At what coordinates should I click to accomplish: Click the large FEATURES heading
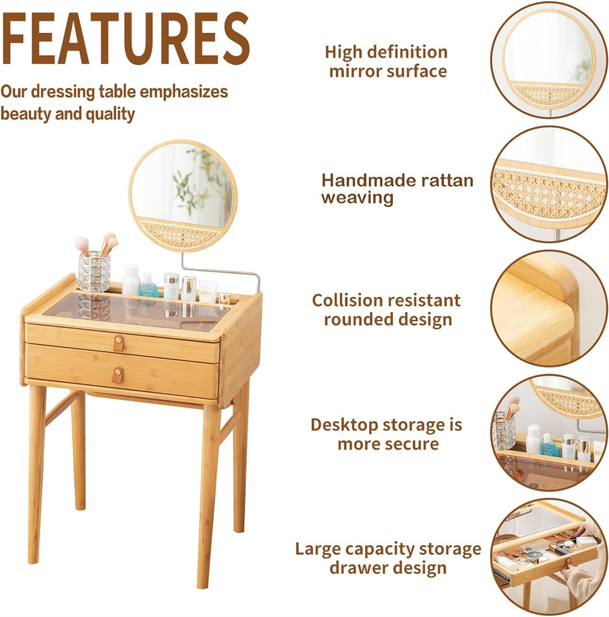[125, 38]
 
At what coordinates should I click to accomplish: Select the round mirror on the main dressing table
[183, 195]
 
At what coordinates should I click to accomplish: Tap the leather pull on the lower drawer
[118, 375]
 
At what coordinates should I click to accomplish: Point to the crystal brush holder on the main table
[94, 271]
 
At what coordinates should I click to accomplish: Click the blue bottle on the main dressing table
[148, 285]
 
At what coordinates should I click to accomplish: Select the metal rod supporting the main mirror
[220, 271]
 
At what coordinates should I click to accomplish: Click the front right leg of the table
[208, 495]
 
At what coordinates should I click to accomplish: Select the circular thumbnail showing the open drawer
[549, 557]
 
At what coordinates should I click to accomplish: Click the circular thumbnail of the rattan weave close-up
[549, 184]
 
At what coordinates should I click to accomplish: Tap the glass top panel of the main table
[136, 311]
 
